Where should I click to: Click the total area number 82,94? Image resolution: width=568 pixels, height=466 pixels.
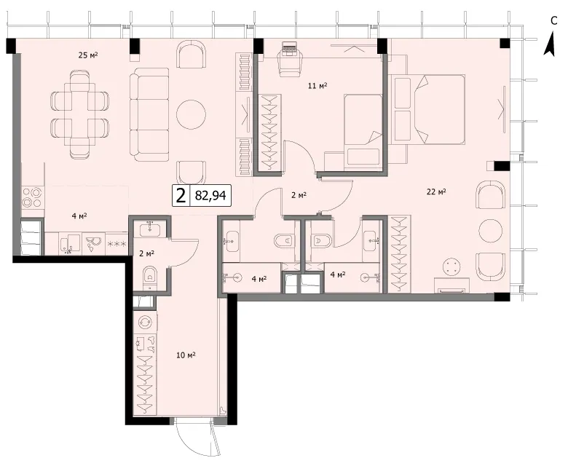(x=210, y=196)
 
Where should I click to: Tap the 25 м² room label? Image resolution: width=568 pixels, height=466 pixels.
(x=88, y=55)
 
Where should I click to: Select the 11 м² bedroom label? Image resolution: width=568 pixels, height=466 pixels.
(x=317, y=86)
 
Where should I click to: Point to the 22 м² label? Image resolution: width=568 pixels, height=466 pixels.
(x=435, y=191)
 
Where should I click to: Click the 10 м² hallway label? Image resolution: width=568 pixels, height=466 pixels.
(x=186, y=355)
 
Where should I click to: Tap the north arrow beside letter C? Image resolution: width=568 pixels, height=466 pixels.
(x=550, y=44)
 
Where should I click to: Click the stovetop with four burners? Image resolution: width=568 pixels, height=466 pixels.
(x=32, y=197)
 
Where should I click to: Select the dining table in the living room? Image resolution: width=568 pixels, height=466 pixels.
(x=80, y=115)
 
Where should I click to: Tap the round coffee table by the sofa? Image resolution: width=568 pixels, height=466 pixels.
(x=191, y=114)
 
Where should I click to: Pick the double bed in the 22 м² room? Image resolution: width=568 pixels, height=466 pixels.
(x=427, y=109)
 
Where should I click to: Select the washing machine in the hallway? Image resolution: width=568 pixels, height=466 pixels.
(x=146, y=323)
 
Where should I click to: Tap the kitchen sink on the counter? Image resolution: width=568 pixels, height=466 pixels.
(x=70, y=243)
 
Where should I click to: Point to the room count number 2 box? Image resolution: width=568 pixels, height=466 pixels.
(x=181, y=196)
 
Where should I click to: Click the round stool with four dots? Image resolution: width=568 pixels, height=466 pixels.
(x=452, y=267)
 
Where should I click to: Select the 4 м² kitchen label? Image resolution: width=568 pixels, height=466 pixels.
(x=79, y=216)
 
